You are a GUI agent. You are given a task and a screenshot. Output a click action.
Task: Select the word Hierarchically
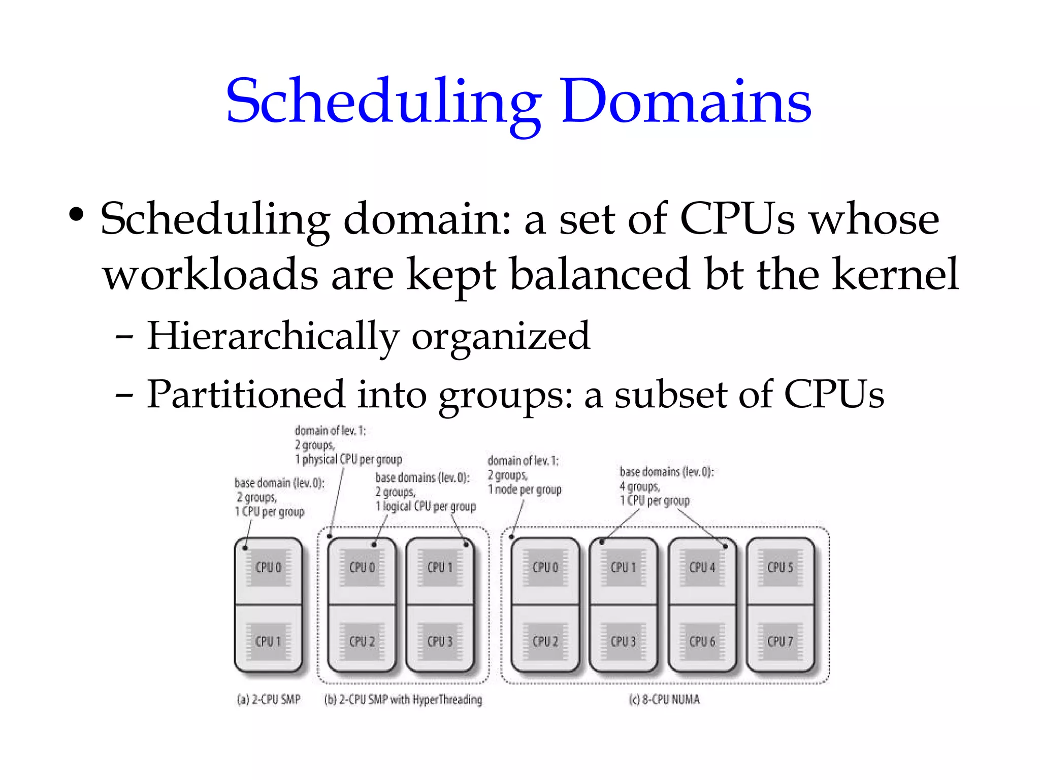click(x=273, y=337)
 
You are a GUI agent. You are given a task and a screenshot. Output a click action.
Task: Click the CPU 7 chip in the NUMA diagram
click(x=780, y=641)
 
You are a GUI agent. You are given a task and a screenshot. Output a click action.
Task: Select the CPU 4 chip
click(x=702, y=567)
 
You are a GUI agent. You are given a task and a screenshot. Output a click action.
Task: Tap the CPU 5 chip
click(x=780, y=567)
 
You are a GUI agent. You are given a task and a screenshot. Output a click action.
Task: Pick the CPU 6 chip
click(x=702, y=641)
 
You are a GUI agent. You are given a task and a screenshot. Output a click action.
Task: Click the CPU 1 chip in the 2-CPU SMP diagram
click(x=268, y=641)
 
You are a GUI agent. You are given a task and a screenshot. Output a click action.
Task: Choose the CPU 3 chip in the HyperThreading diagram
click(x=440, y=641)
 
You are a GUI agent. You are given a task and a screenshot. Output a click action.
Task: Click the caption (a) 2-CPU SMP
click(x=269, y=700)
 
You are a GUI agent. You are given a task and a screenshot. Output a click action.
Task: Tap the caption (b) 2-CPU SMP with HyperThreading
click(x=403, y=700)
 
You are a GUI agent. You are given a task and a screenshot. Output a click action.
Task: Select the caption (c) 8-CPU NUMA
click(x=664, y=700)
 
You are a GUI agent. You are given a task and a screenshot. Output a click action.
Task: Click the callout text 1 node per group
click(x=525, y=490)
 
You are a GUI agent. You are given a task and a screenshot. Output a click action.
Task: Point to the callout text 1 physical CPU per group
click(x=348, y=460)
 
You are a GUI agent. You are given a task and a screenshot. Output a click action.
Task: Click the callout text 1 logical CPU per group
click(x=426, y=507)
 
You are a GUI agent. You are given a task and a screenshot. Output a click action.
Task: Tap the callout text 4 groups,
click(x=639, y=486)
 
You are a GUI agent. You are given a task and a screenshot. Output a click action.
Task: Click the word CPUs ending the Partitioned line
click(x=834, y=395)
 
